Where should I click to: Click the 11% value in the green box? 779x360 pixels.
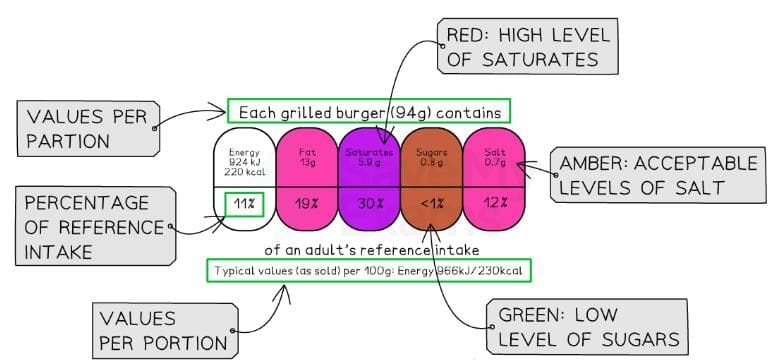coord(244,205)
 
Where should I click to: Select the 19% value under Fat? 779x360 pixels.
coord(307,205)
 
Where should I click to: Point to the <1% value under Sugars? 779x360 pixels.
coord(432,205)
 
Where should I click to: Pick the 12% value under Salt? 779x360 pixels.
coord(494,205)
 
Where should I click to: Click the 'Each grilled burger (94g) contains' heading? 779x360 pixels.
coord(369,111)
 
